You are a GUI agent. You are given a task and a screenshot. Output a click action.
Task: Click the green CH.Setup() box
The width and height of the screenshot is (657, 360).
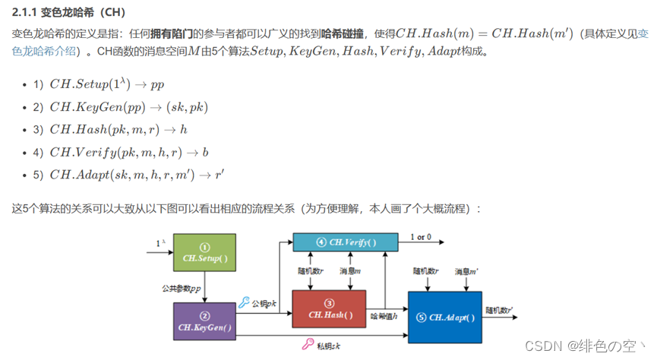204,252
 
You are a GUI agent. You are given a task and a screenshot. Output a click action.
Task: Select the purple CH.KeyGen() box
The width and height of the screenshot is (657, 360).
204,321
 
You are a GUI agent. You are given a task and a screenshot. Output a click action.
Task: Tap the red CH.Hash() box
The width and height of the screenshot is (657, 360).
329,309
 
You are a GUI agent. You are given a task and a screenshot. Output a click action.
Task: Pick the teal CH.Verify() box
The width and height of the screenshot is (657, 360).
346,242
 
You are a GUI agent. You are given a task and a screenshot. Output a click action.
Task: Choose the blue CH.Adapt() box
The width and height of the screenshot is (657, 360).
445,317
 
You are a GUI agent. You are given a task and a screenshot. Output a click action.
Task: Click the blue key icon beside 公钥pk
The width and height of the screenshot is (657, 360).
244,302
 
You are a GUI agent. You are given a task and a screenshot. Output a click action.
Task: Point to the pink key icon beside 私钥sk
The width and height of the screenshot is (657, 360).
308,344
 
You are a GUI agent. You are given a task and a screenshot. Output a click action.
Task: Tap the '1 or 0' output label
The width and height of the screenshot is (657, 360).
421,237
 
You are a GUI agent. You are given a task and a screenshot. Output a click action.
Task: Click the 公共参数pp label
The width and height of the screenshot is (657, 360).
182,289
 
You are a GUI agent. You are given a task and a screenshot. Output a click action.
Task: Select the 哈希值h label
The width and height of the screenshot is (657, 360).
384,316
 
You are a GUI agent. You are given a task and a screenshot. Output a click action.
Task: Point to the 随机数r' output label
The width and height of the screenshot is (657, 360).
499,310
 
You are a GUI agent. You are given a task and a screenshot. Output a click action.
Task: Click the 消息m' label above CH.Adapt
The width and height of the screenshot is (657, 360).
466,271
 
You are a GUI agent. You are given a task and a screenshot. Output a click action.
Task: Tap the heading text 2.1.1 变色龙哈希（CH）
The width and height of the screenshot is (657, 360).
68,12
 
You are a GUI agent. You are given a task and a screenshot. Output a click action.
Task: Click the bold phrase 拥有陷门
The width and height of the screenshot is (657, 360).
172,33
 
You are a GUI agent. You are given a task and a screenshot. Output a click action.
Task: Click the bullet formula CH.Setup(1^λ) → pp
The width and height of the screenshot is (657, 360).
107,84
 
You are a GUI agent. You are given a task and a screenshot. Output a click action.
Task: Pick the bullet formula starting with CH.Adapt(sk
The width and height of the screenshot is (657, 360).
137,175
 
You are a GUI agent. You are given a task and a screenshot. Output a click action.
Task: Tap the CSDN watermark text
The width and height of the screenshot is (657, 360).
586,346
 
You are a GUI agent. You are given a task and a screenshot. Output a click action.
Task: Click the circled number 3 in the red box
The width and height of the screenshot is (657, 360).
329,304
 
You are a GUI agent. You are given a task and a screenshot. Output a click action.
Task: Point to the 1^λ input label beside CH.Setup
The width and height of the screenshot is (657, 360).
160,243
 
